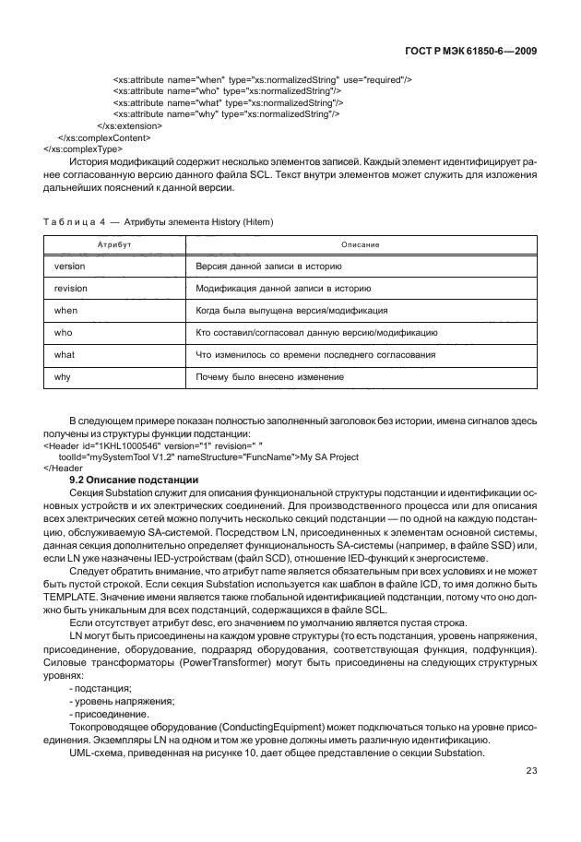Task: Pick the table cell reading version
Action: (x=71, y=266)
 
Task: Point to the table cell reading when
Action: (x=67, y=310)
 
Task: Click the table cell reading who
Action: (x=65, y=332)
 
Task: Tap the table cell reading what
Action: (x=65, y=354)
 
